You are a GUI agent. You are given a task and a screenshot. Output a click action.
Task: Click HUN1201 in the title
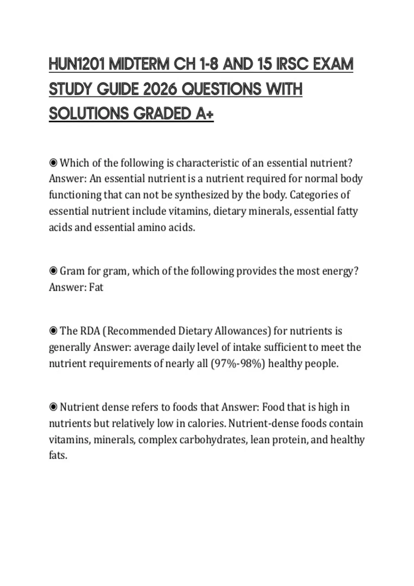[77, 64]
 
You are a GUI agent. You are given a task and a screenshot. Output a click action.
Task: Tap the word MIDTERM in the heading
[139, 64]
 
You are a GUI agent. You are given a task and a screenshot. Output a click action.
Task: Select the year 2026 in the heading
[159, 90]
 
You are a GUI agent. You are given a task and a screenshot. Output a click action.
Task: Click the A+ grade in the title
[205, 114]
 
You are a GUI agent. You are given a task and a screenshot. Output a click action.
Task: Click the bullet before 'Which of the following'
[53, 163]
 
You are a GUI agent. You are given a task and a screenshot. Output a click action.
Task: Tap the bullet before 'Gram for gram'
[53, 271]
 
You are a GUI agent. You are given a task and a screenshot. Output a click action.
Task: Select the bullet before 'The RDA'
[53, 331]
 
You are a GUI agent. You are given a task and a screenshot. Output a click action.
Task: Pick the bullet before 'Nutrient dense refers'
[53, 407]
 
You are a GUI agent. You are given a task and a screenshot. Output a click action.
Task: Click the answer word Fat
[96, 287]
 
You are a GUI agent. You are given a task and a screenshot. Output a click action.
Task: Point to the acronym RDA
[90, 331]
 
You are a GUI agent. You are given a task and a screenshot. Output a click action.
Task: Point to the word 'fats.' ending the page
[58, 456]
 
